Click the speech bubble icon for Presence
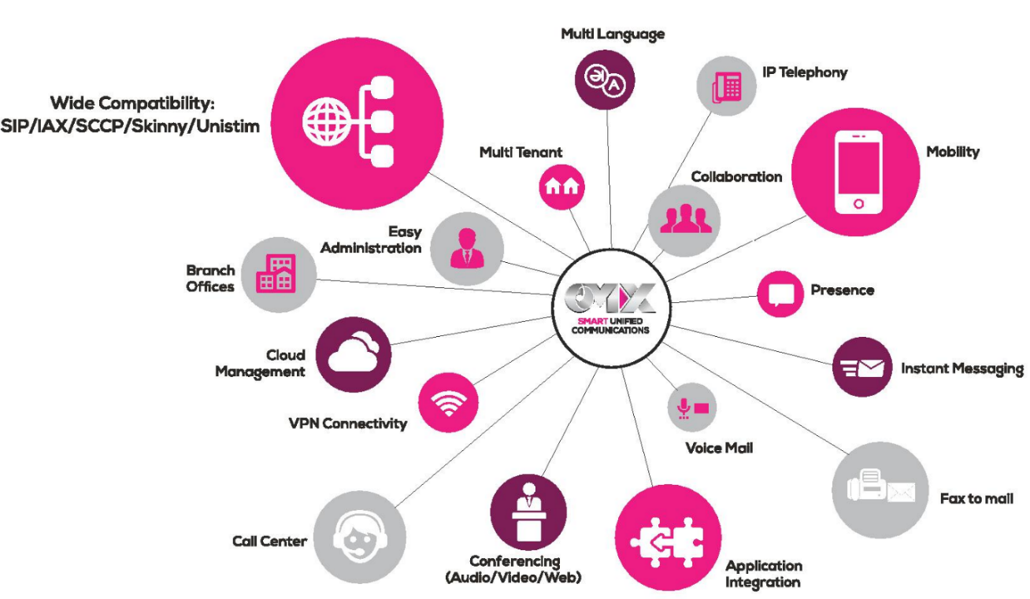click(779, 294)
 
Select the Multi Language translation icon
click(604, 80)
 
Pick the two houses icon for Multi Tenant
click(562, 186)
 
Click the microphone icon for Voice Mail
click(684, 407)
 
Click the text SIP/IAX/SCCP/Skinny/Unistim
click(130, 126)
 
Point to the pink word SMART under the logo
click(592, 321)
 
